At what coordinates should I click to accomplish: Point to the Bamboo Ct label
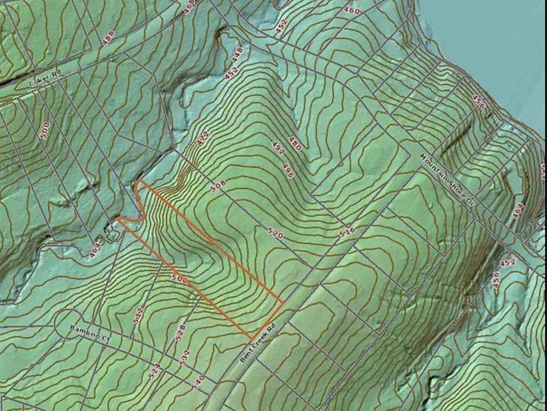tap(89, 333)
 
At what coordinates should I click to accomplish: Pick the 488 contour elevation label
tap(108, 38)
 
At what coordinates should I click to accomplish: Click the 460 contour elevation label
tap(352, 11)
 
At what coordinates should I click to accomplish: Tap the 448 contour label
tap(237, 54)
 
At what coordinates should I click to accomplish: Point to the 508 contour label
tap(218, 186)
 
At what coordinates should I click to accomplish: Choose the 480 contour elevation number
tap(295, 143)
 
